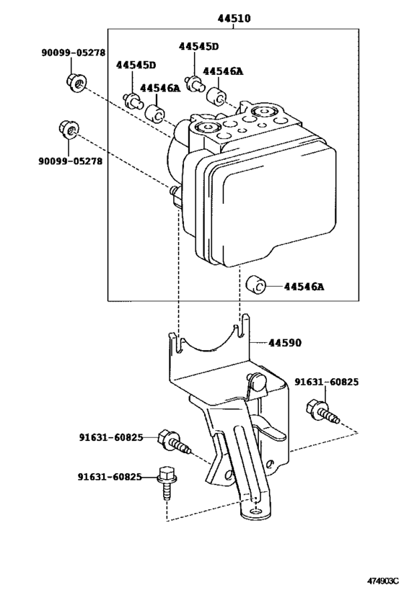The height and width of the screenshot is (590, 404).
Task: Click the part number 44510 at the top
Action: click(234, 19)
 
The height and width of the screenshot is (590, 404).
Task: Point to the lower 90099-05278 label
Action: click(70, 161)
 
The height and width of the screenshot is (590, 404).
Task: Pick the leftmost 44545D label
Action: click(136, 66)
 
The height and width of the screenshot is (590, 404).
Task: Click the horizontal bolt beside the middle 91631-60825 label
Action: click(176, 441)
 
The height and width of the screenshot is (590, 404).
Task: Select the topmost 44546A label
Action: click(224, 71)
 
